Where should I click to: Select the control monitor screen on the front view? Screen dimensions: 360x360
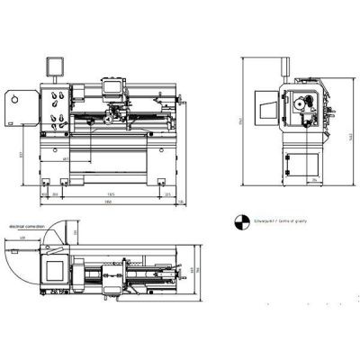click(51, 66)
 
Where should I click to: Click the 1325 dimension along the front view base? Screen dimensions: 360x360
click(110, 193)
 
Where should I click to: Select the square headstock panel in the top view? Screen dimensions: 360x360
click(56, 268)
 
